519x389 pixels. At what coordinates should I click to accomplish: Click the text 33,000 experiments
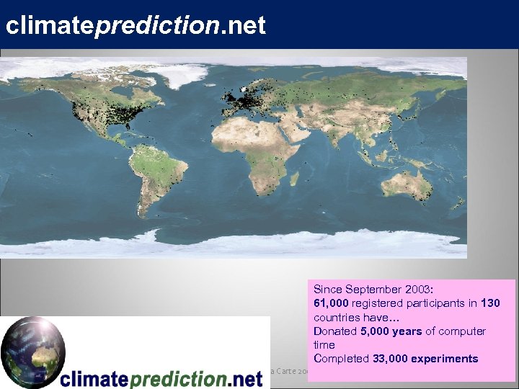pos(425,359)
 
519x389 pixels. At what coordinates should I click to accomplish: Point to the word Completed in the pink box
pos(342,359)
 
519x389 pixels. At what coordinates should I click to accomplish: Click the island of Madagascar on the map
pos(295,179)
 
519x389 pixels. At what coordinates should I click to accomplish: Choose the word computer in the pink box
pos(460,331)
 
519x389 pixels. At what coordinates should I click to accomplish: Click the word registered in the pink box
pos(380,303)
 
